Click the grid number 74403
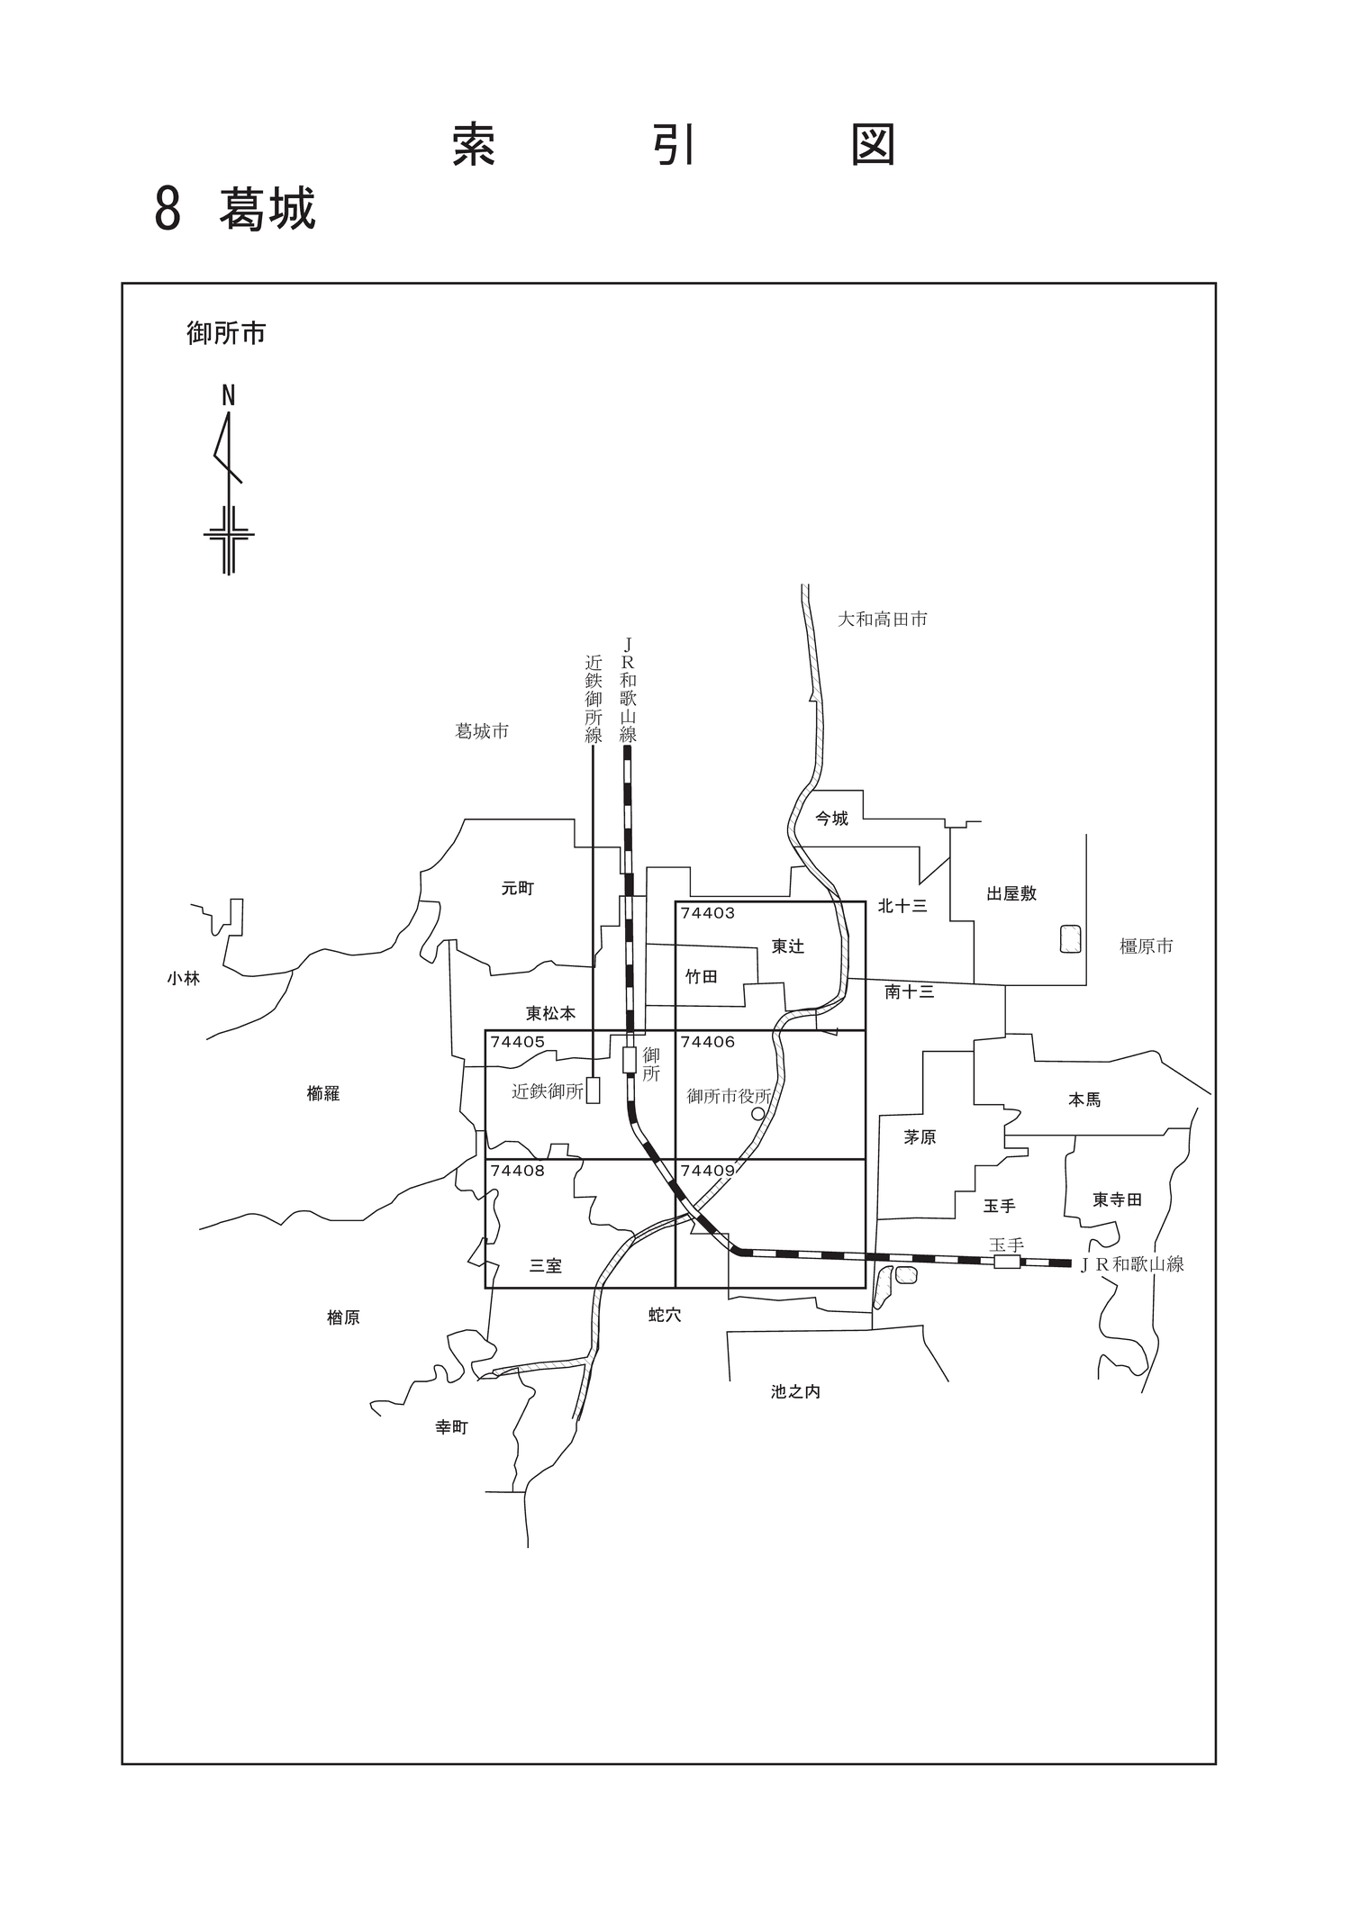point(708,913)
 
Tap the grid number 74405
point(518,1042)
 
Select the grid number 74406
point(708,1042)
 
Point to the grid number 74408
point(518,1171)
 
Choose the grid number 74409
point(708,1171)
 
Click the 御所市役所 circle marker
point(758,1114)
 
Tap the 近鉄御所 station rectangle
point(593,1091)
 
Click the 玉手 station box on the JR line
point(1007,1263)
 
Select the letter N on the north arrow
point(229,395)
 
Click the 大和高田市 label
point(883,620)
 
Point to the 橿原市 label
point(1147,946)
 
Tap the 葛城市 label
point(482,731)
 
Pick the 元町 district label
point(518,889)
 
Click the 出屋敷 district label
point(1011,893)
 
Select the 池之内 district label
point(795,1391)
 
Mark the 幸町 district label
point(451,1427)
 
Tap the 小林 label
point(183,978)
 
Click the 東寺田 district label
point(1117,1199)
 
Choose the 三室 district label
point(545,1266)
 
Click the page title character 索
point(474,145)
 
